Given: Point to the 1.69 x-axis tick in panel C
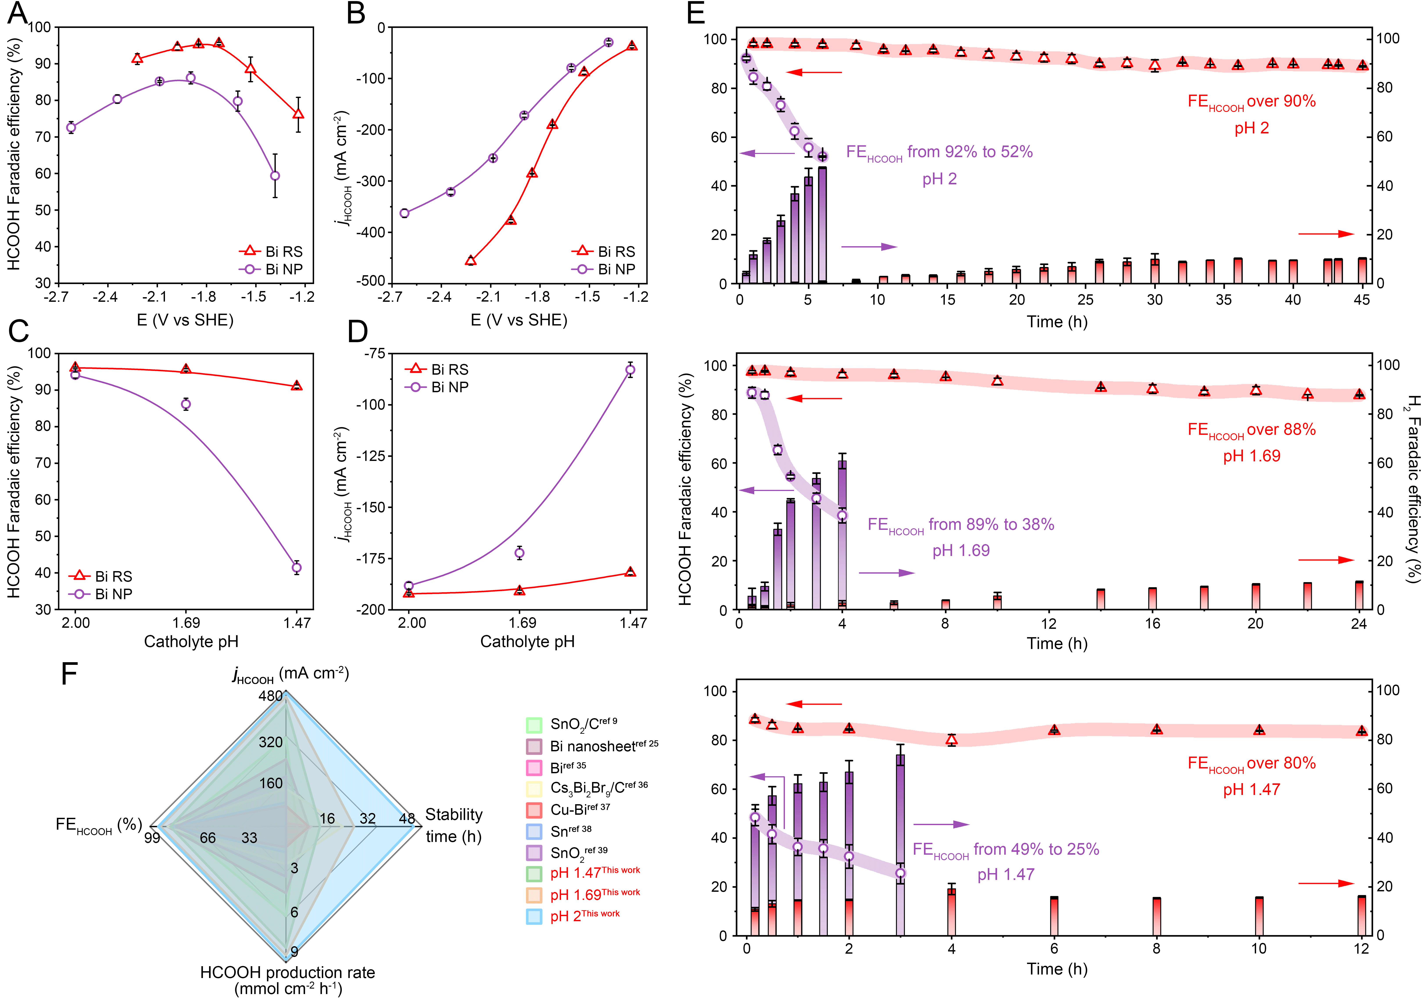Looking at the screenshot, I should (186, 623).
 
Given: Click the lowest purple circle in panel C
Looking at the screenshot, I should (297, 568).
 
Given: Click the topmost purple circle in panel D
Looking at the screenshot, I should (630, 370).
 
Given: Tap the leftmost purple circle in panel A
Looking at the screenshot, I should (71, 128).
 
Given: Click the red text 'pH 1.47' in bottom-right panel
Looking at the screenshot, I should (1251, 789).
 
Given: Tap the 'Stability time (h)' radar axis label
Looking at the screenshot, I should (454, 825).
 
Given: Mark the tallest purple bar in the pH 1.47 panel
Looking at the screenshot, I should (900, 845).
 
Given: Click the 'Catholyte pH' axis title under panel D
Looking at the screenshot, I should (527, 642).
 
